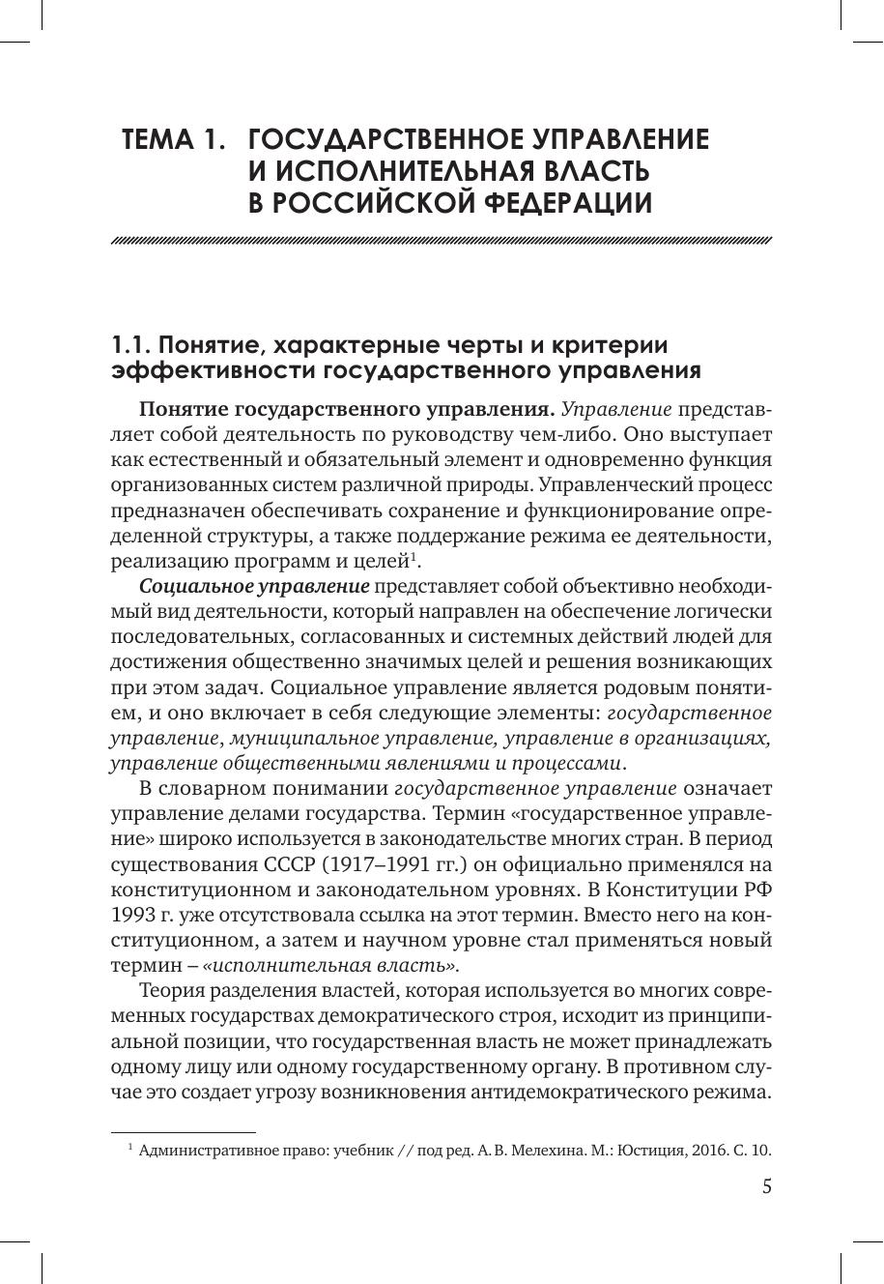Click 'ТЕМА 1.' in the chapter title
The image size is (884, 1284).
pos(173,140)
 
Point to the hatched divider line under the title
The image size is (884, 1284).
pos(442,241)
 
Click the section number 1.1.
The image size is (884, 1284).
pos(131,346)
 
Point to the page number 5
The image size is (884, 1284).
pos(766,1188)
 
